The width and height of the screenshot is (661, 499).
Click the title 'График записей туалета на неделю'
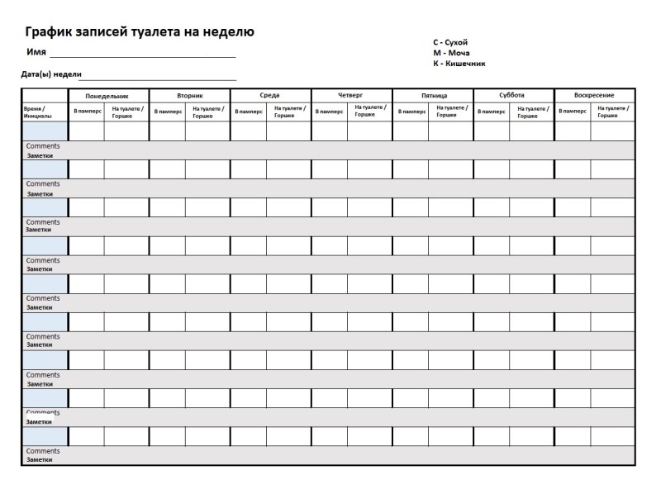pos(139,32)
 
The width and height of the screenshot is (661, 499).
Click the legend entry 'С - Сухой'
pos(450,42)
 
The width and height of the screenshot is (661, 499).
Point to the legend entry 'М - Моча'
pos(450,53)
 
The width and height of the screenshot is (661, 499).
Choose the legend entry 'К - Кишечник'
pos(459,63)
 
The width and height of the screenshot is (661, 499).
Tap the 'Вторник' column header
pos(189,96)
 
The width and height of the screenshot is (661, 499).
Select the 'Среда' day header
pos(269,95)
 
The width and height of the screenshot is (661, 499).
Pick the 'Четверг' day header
pos(350,95)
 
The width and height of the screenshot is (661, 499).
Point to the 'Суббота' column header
pos(511,95)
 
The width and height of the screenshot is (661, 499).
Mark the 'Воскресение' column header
pos(593,95)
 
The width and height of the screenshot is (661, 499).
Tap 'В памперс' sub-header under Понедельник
pos(86,112)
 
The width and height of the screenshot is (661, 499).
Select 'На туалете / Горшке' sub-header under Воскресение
pos(612,112)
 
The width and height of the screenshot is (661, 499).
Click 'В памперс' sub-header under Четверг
pos(329,112)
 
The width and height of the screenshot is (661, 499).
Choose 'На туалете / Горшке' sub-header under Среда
pos(289,112)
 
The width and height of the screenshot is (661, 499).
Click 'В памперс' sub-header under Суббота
pos(491,112)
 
